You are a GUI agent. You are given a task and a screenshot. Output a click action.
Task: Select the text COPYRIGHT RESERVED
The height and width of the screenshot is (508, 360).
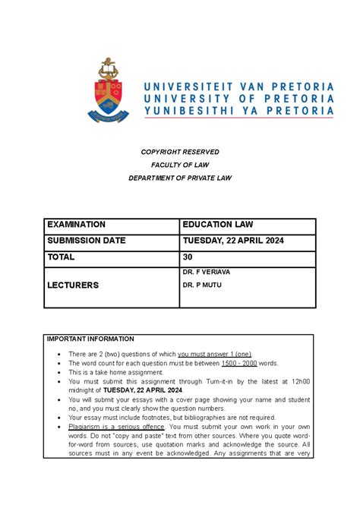click(x=180, y=150)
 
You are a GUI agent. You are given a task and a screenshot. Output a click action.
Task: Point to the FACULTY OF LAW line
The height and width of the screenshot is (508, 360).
click(x=180, y=164)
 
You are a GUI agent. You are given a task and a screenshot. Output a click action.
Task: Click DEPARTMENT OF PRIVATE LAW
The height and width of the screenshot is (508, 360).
click(x=180, y=178)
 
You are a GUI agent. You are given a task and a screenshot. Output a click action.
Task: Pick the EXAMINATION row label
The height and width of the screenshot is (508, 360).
click(x=77, y=225)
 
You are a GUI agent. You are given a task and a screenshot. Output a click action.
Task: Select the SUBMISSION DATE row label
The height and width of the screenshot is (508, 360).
click(x=87, y=241)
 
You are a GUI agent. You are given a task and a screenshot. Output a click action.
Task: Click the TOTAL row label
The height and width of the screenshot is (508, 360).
click(x=61, y=257)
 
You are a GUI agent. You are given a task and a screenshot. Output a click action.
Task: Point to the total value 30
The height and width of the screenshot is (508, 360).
click(x=188, y=257)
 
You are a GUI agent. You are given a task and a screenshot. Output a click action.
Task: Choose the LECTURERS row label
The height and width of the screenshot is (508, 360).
click(x=74, y=285)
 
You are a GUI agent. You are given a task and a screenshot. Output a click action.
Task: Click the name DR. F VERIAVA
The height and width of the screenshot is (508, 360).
click(x=207, y=271)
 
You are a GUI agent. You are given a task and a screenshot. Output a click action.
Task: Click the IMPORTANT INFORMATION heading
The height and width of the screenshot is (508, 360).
click(x=90, y=339)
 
